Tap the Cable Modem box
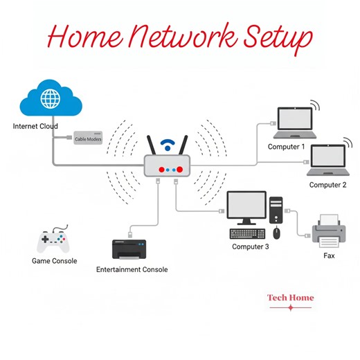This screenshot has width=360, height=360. [x=88, y=138]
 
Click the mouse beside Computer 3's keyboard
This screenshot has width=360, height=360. [x=276, y=233]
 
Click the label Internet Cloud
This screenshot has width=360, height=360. [x=35, y=127]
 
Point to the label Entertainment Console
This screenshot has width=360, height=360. [x=132, y=269]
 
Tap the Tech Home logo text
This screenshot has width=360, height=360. [x=290, y=298]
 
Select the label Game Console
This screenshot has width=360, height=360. [x=54, y=261]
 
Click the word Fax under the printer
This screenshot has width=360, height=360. [x=330, y=255]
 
